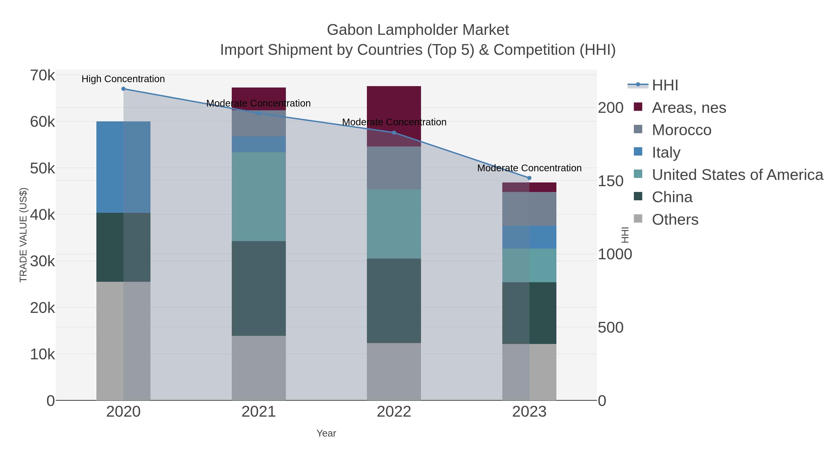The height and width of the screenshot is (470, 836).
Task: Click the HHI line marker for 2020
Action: tap(123, 89)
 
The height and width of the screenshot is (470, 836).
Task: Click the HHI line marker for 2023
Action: tap(529, 178)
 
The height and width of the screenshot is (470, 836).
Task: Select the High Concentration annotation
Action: tap(123, 79)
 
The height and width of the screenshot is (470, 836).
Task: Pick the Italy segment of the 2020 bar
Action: tap(123, 167)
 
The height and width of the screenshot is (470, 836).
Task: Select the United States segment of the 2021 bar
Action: tap(259, 197)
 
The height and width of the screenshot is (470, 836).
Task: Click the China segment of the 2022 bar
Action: tap(394, 301)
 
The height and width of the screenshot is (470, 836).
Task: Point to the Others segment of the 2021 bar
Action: tap(259, 368)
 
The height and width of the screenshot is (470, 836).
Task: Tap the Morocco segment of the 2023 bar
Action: tap(529, 209)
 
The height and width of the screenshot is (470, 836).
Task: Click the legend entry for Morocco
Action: tap(682, 130)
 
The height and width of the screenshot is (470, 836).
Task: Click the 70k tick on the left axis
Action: tap(42, 76)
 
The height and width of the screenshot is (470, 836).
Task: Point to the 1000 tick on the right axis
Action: tap(615, 254)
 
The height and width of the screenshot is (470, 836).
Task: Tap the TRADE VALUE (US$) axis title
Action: tap(23, 235)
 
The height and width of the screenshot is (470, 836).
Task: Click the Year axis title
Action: tap(326, 433)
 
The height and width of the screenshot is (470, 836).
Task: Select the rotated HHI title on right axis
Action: tap(625, 235)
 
